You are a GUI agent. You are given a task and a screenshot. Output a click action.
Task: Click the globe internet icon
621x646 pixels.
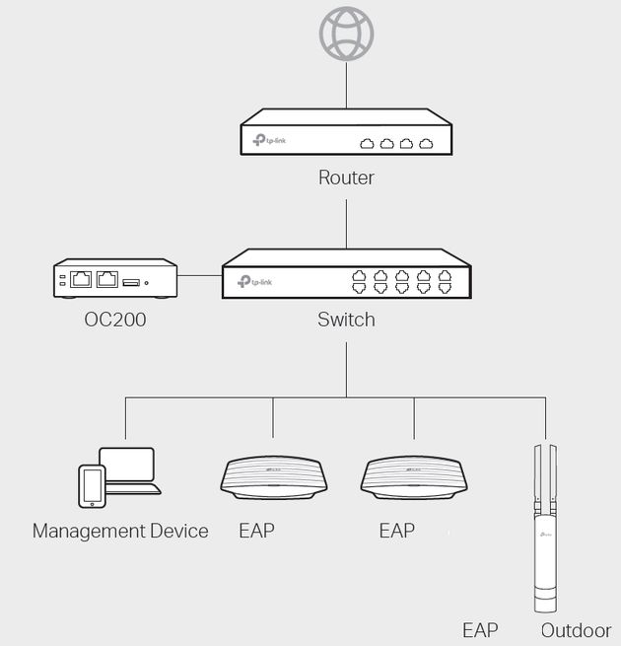pos(346,35)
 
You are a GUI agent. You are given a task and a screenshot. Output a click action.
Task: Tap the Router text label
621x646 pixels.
pos(346,179)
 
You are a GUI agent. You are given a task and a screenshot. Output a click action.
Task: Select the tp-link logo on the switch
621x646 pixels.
pos(255,282)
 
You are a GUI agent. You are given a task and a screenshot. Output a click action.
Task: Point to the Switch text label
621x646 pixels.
pos(346,321)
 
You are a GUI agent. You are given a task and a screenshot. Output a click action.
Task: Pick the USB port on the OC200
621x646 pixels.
pos(132,282)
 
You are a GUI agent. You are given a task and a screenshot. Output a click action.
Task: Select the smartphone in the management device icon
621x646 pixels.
pos(92,485)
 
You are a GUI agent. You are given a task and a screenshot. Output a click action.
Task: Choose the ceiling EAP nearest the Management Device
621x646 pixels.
pos(272,477)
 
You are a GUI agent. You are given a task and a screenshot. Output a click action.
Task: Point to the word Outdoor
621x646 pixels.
pos(576,630)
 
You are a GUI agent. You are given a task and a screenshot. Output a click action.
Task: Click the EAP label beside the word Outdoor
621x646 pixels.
pos(480,630)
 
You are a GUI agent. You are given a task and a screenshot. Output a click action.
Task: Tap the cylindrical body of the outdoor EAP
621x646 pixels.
pos(545,562)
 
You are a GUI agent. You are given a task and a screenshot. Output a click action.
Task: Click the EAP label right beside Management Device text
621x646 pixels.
pos(256,532)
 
